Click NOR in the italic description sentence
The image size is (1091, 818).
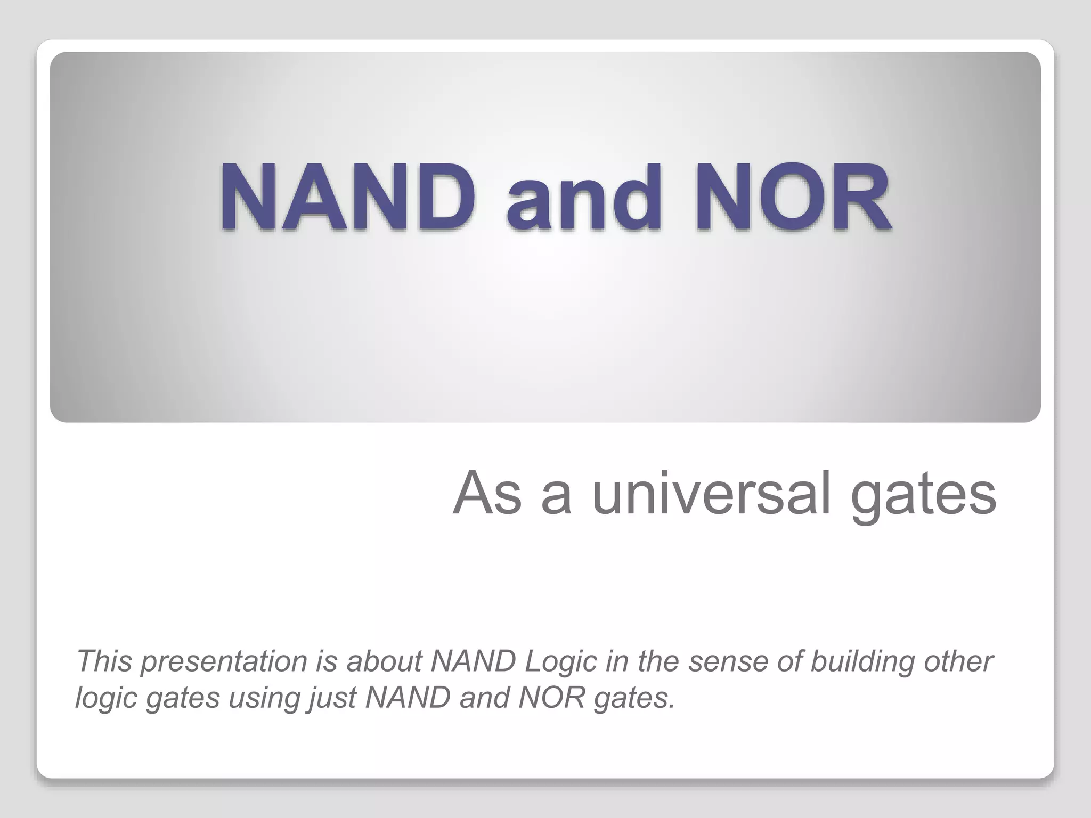coord(551,698)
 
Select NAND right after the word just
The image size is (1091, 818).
coord(408,698)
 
